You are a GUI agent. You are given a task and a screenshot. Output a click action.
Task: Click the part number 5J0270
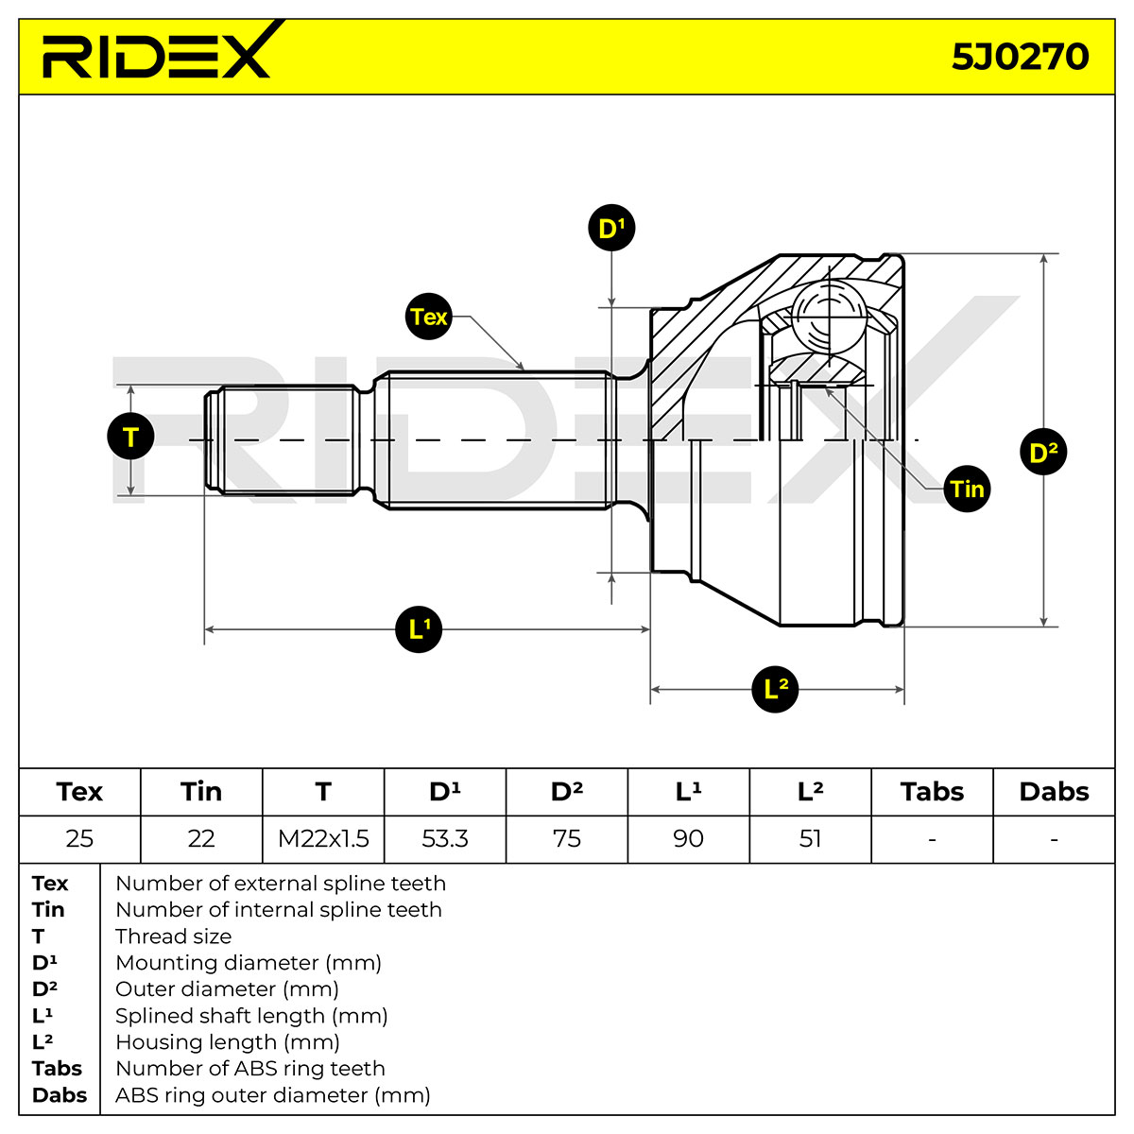[1020, 57]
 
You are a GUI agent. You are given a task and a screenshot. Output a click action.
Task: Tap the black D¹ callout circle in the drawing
[611, 228]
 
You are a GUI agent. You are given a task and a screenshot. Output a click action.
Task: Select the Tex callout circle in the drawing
[428, 317]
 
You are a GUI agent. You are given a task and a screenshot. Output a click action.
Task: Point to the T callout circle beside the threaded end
[130, 437]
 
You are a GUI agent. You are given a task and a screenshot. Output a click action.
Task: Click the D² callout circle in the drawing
[1043, 452]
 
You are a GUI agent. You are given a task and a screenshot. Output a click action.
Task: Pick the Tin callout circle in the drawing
[967, 489]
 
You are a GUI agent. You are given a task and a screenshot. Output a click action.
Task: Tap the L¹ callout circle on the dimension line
[419, 629]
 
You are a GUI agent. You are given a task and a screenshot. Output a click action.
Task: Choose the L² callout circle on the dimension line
[775, 689]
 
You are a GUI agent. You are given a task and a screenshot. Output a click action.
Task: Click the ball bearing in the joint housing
[829, 318]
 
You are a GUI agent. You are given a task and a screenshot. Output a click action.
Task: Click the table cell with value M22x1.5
[323, 838]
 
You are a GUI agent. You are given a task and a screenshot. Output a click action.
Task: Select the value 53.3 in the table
[445, 838]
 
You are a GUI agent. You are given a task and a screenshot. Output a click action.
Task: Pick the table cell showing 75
[567, 838]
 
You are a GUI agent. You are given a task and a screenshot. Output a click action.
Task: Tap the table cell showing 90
[688, 838]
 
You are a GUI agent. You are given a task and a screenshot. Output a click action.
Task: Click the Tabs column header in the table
[932, 792]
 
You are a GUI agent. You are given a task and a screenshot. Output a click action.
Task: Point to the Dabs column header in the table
[1054, 792]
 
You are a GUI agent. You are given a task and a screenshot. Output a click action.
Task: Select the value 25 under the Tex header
[79, 838]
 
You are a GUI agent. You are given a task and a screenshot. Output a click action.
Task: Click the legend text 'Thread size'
[174, 936]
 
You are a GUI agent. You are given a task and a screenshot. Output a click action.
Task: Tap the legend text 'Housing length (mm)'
[228, 1042]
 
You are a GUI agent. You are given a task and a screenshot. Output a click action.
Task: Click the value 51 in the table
[810, 838]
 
